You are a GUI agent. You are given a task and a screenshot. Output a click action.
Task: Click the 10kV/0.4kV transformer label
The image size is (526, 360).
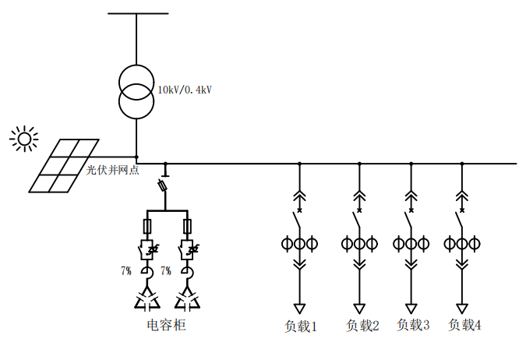[185, 90]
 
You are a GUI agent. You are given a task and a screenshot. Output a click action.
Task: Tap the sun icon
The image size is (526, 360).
[24, 139]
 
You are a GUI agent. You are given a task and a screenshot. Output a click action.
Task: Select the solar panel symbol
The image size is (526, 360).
[65, 165]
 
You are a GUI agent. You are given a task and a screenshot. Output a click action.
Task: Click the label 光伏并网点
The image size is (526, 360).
[112, 170]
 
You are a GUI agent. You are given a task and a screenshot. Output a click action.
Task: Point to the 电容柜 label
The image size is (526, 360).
[167, 324]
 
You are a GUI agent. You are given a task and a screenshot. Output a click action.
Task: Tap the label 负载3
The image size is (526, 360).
[413, 325]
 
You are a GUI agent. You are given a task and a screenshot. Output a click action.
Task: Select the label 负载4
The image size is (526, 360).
[464, 325]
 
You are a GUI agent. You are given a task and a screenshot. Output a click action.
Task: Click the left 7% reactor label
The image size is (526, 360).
[126, 271]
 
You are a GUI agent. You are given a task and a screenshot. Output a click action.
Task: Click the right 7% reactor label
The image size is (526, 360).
[165, 271]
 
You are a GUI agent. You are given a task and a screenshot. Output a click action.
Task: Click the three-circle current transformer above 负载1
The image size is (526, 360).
[299, 244]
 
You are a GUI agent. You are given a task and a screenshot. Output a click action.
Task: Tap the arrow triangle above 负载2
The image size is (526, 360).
[359, 308]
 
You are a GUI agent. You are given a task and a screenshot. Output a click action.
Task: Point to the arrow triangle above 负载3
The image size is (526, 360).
[410, 308]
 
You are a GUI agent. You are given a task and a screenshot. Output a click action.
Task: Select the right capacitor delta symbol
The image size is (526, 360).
[187, 299]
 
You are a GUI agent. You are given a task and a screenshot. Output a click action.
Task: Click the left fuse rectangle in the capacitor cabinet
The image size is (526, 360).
[147, 227]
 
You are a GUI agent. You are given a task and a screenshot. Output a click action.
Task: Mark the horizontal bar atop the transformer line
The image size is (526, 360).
[137, 13]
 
